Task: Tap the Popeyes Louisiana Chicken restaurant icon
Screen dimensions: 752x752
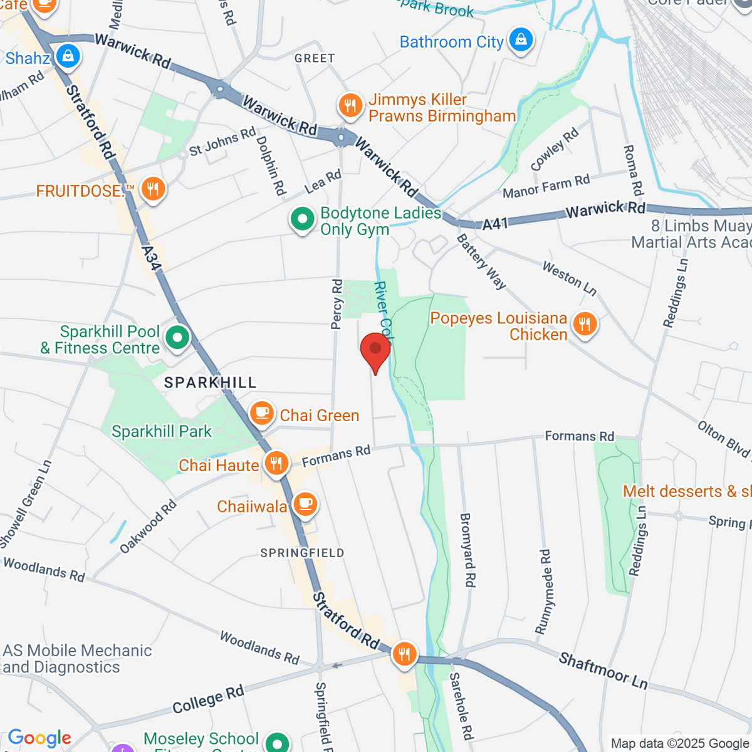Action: [584, 325]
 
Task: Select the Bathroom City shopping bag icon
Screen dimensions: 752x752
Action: [520, 41]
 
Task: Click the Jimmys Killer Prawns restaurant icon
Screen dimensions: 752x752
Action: [350, 106]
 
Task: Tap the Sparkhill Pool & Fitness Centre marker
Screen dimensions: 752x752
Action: [177, 338]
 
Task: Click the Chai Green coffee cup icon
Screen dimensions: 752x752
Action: [262, 414]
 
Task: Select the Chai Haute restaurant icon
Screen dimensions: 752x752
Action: [275, 464]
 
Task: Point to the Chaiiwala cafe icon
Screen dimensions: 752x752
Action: [305, 504]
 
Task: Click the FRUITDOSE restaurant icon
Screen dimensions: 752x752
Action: [152, 189]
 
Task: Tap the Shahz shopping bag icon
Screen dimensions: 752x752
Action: [67, 57]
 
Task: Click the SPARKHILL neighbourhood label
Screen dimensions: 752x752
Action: [210, 382]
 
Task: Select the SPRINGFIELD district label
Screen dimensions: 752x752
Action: [302, 553]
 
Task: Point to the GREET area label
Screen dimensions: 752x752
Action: [315, 58]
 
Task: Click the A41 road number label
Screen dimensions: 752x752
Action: [495, 224]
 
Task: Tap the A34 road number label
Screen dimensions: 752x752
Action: [151, 258]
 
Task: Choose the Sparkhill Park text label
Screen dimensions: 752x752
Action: [162, 431]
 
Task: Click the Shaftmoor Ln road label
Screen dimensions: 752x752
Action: [603, 670]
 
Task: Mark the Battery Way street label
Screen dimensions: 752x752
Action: [481, 261]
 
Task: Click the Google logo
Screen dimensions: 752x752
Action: [39, 738]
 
